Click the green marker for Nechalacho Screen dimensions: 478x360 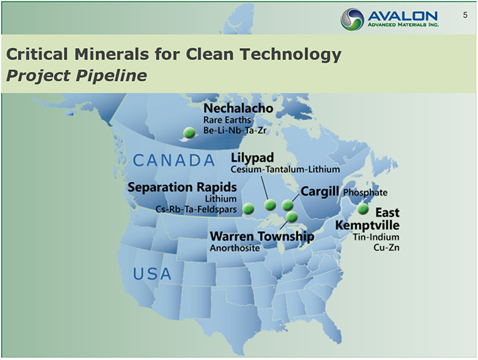[189, 133]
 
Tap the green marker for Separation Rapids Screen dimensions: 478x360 [249, 209]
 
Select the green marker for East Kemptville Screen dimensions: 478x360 [363, 209]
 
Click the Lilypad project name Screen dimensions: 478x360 [252, 158]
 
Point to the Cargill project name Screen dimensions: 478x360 [320, 191]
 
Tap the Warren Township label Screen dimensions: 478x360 [262, 237]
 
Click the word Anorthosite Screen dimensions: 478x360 [235, 248]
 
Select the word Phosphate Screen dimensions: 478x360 [365, 193]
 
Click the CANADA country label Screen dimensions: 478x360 [174, 161]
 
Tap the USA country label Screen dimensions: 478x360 [152, 274]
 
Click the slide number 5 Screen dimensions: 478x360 [465, 15]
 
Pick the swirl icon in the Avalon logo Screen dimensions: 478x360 [352, 19]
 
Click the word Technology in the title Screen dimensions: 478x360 [290, 54]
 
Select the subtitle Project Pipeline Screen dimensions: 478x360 [76, 76]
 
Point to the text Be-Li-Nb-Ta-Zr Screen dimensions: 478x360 [235, 131]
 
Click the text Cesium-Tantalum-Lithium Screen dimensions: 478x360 [285, 169]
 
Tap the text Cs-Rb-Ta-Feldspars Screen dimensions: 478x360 [196, 210]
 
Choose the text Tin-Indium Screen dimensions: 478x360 [376, 237]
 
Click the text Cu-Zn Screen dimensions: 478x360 [386, 247]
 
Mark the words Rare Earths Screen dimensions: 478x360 [227, 120]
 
